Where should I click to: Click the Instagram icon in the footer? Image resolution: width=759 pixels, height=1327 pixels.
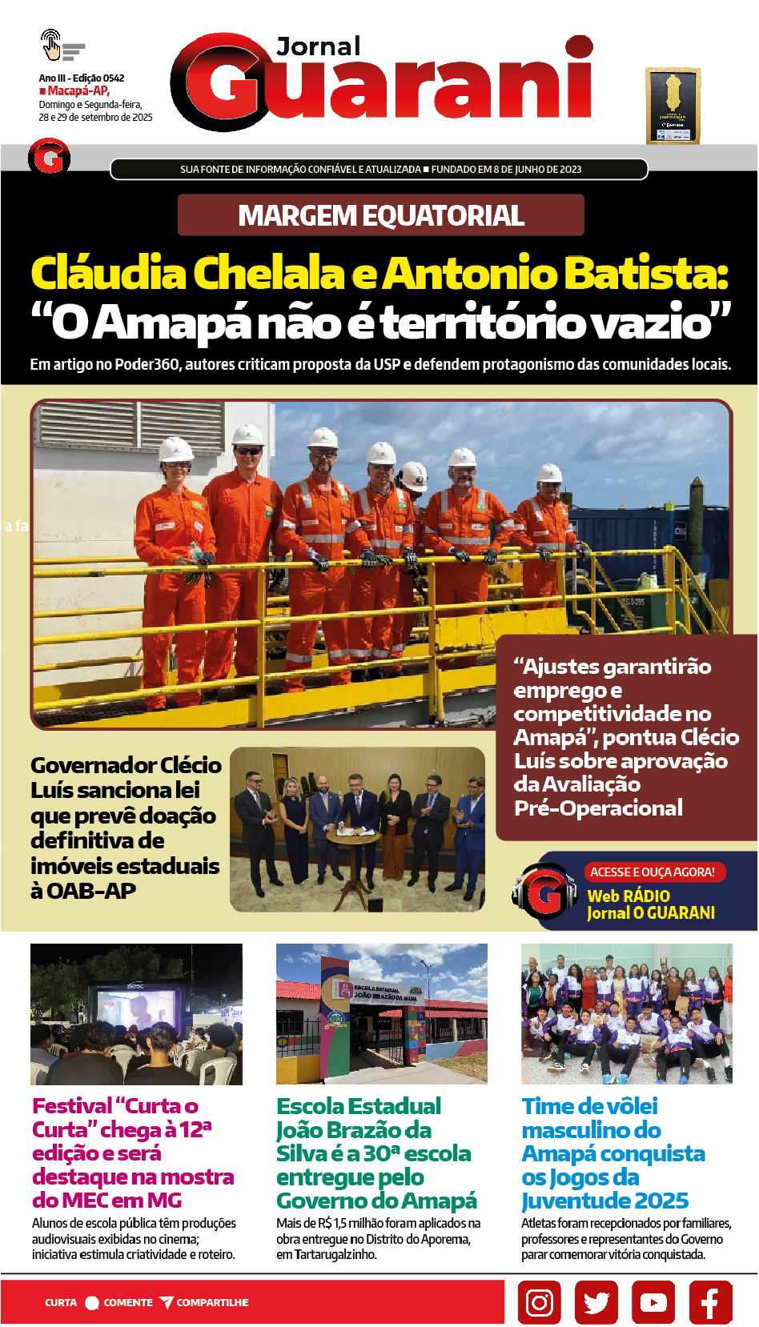click(539, 1302)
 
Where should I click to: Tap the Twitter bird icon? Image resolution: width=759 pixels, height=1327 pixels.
click(596, 1302)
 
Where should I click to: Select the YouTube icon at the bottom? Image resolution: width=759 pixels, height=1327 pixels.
click(653, 1302)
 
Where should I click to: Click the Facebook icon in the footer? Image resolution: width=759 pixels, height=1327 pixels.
click(710, 1302)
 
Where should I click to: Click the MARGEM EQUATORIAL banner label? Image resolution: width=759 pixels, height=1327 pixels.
click(381, 216)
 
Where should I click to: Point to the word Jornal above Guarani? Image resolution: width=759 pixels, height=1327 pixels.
click(319, 47)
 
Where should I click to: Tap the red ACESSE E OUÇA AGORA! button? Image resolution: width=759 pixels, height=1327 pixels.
click(653, 872)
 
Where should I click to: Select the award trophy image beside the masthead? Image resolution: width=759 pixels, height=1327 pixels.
click(673, 106)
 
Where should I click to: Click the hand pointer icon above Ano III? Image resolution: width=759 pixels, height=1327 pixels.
click(51, 45)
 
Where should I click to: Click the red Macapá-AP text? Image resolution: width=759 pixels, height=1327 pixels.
click(78, 91)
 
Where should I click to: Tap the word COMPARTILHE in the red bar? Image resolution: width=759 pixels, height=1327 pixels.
click(212, 1302)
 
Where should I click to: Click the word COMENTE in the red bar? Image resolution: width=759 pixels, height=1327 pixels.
click(128, 1302)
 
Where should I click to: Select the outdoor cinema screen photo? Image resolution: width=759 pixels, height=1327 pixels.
click(136, 1014)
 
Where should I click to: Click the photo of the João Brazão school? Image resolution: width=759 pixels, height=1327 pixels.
click(381, 1014)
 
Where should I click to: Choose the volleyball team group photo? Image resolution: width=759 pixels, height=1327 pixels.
click(626, 1014)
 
